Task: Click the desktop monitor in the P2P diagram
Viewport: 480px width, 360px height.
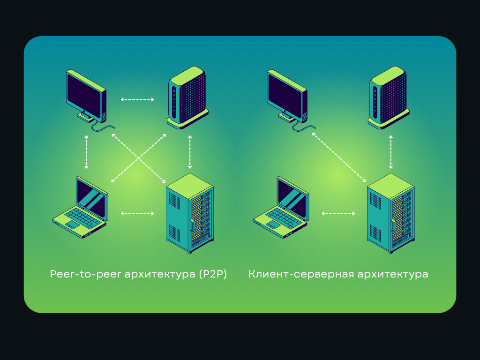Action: click(86, 96)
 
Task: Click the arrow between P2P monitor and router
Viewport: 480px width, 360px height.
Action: click(137, 99)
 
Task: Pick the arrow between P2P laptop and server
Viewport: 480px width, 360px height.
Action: click(137, 214)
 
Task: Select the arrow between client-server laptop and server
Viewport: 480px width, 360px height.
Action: click(338, 214)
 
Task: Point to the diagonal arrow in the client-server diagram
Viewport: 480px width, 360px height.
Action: click(339, 157)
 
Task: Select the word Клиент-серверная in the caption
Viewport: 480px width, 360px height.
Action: click(300, 274)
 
